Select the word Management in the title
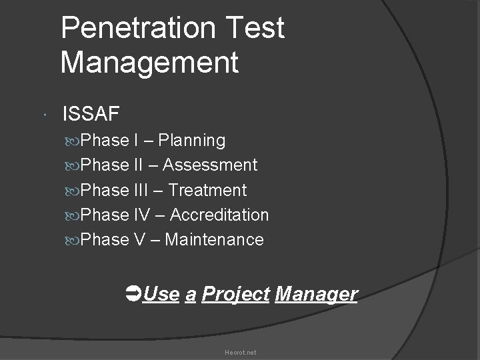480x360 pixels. click(149, 63)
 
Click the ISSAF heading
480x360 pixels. click(91, 114)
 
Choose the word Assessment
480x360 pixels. click(210, 165)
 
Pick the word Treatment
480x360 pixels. click(207, 190)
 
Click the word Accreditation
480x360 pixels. click(219, 215)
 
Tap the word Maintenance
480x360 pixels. click(214, 239)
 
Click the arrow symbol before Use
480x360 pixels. click(132, 293)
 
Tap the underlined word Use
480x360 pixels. click(161, 294)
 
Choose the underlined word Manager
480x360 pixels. click(316, 294)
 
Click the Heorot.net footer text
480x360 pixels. click(240, 352)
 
